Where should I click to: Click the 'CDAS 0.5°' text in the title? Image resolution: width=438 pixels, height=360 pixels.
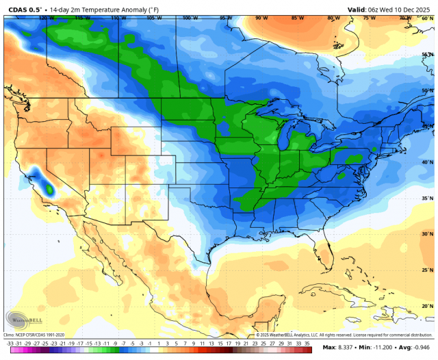pyautogui.click(x=25, y=10)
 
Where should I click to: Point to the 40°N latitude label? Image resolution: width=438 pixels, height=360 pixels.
pyautogui.click(x=427, y=162)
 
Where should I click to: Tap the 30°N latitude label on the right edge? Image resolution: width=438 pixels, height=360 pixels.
pyautogui.click(x=427, y=234)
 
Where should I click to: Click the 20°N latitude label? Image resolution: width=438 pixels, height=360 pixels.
pyautogui.click(x=427, y=306)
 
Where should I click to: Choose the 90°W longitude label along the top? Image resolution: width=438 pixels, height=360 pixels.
pyautogui.click(x=261, y=18)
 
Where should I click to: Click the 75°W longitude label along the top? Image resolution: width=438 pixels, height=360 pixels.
pyautogui.click(x=370, y=18)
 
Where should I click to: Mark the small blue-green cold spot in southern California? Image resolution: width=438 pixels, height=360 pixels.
pyautogui.click(x=49, y=187)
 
